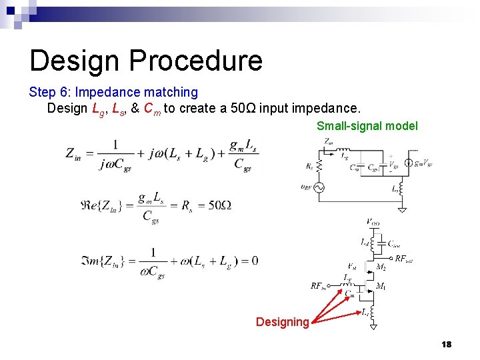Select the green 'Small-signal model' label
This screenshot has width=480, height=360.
367,126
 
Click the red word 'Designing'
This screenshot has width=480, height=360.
282,322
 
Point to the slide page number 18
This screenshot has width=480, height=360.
446,344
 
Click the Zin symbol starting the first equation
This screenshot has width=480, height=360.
75,153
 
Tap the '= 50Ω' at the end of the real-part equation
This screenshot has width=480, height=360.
211,205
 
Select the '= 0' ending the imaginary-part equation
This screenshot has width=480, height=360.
250,260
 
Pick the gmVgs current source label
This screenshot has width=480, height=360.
423,163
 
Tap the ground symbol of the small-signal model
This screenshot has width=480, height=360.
403,210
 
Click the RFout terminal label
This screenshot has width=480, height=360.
404,259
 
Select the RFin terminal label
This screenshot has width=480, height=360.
318,286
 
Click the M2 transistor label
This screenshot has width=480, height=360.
381,267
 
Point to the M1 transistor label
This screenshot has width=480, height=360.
381,287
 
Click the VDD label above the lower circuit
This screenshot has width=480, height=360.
373,222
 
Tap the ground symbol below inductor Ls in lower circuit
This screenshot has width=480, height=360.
374,326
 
